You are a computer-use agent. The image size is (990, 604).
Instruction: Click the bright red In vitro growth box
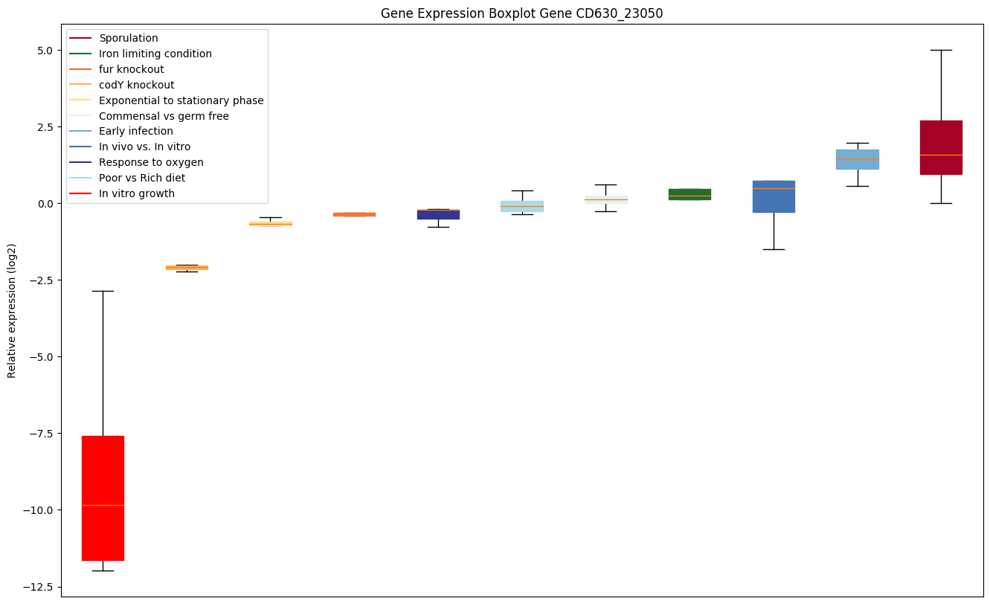pyautogui.click(x=103, y=498)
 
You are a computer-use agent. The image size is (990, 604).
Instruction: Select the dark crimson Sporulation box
pyautogui.click(x=941, y=147)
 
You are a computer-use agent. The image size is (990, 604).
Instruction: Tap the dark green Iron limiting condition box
pyautogui.click(x=690, y=194)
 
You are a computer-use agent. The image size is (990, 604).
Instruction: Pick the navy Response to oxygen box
pyautogui.click(x=438, y=214)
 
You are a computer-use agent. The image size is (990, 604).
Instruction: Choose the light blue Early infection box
pyautogui.click(x=857, y=159)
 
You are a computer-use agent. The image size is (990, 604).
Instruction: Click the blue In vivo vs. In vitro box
pyautogui.click(x=774, y=196)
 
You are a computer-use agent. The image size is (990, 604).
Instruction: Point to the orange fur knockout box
pyautogui.click(x=354, y=214)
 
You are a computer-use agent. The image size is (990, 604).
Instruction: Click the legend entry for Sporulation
pyautogui.click(x=129, y=38)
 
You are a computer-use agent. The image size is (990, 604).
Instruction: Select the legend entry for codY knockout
pyautogui.click(x=137, y=85)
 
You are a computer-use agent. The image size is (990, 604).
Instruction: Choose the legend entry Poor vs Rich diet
pyautogui.click(x=142, y=178)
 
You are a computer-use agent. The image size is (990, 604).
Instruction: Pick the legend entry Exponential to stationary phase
pyautogui.click(x=181, y=100)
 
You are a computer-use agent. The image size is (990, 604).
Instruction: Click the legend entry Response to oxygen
pyautogui.click(x=151, y=162)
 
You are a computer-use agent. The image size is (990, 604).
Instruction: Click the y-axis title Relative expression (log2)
pyautogui.click(x=12, y=310)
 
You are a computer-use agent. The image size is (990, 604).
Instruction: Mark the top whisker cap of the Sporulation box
pyautogui.click(x=941, y=50)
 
